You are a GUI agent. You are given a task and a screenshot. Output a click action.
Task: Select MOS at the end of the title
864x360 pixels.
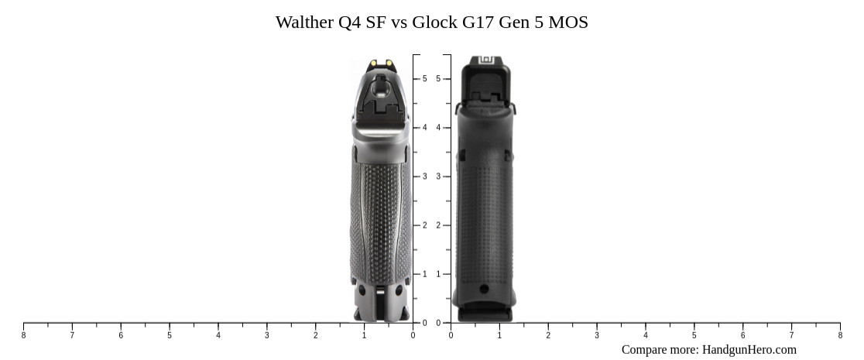point(568,22)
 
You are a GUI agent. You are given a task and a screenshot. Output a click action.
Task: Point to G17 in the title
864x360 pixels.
point(478,22)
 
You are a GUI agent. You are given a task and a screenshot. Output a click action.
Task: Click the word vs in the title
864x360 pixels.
point(399,22)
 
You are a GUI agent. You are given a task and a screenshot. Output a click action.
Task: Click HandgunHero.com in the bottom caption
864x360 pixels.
point(749,350)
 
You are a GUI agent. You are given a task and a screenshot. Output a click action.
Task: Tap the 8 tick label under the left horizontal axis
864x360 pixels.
point(23,335)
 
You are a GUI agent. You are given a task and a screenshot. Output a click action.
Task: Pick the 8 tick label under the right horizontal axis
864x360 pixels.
point(840,335)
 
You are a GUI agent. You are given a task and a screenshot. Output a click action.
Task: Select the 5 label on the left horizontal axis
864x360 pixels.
point(170,335)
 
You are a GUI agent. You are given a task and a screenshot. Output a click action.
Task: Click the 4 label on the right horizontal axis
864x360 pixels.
point(646,335)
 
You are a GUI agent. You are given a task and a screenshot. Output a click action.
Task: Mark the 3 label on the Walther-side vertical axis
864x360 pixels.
point(424,177)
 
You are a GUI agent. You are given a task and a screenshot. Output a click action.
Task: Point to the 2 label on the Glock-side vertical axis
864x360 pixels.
point(439,225)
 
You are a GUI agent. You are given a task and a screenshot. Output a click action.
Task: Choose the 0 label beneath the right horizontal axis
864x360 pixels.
point(451,335)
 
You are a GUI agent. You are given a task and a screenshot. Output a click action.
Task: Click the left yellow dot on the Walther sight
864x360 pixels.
point(372,63)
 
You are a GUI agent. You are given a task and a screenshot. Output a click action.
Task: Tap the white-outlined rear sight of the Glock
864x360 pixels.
point(486,60)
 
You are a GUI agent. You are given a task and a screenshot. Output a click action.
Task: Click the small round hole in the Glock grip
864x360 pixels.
point(484,289)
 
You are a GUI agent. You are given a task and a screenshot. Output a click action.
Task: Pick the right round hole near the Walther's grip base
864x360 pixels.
point(397,292)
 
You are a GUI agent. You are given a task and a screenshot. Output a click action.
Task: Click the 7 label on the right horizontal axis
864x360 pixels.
point(791,335)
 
